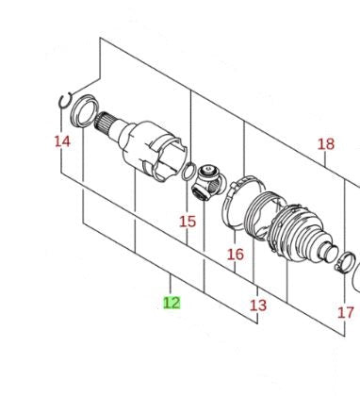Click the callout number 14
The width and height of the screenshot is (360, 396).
(62, 141)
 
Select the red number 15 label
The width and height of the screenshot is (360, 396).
(188, 222)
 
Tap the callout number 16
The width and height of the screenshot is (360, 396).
(236, 255)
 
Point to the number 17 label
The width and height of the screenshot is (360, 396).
(346, 313)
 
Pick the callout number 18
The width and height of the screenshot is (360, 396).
(326, 144)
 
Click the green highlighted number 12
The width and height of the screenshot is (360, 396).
(172, 303)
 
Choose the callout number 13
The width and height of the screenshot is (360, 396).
(258, 305)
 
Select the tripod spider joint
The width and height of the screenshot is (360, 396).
(209, 183)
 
